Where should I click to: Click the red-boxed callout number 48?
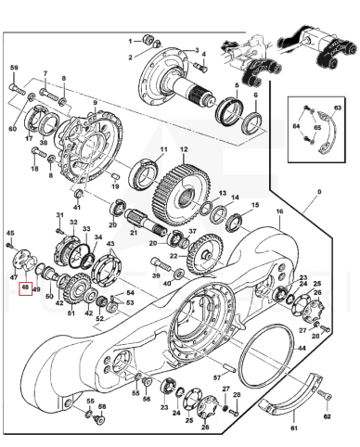26,288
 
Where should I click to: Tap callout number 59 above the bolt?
14,68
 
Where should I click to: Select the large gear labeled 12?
182,196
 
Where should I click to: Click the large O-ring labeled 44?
266,356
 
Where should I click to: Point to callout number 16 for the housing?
279,211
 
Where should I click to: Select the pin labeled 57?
231,368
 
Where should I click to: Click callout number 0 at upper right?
319,192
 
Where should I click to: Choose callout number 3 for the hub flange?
197,49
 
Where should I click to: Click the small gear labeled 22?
204,255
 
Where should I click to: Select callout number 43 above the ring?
110,244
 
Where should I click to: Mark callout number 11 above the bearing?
163,149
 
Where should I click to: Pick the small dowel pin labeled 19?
115,175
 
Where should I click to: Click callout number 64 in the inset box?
296,126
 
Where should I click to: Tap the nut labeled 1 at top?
148,39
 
